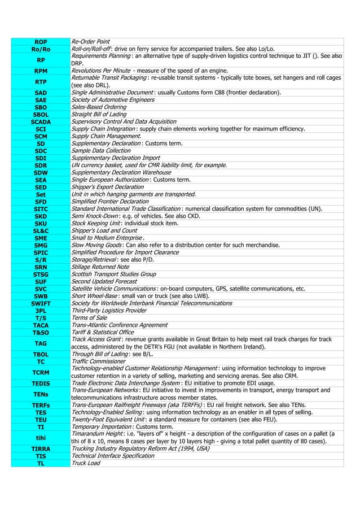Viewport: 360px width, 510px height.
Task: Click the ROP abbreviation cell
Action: [x=41, y=42]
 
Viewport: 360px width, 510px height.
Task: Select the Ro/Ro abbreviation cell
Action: [x=41, y=49]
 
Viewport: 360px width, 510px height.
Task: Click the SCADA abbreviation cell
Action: [x=41, y=121]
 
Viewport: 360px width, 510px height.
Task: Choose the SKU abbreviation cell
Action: [x=41, y=223]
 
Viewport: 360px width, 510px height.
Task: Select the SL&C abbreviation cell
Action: [x=41, y=230]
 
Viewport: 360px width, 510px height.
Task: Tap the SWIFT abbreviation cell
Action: [x=41, y=303]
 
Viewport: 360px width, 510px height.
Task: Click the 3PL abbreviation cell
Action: [x=41, y=311]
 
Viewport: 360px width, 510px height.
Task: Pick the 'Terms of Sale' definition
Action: [x=89, y=318]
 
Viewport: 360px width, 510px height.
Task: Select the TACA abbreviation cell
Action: [x=41, y=325]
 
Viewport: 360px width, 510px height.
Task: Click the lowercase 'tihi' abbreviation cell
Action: [x=41, y=438]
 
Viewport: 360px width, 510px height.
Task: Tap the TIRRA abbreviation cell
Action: [x=41, y=448]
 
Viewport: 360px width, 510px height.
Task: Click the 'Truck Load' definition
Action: [x=86, y=463]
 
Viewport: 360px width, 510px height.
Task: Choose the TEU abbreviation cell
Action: [x=41, y=420]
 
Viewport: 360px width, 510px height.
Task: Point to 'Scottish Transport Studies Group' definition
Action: [x=113, y=274]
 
